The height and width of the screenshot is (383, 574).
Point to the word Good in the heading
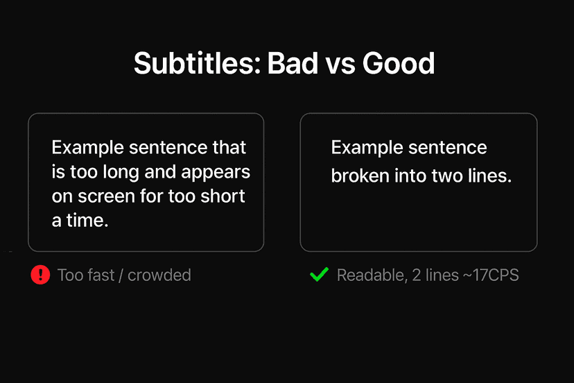[x=398, y=64]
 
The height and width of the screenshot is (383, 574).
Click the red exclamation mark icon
[x=40, y=275]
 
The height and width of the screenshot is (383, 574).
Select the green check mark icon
[x=319, y=275]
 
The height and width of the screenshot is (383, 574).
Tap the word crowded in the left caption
[x=159, y=275]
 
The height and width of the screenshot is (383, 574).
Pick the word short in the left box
[x=223, y=196]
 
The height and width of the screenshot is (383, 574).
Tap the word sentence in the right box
[x=447, y=148]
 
